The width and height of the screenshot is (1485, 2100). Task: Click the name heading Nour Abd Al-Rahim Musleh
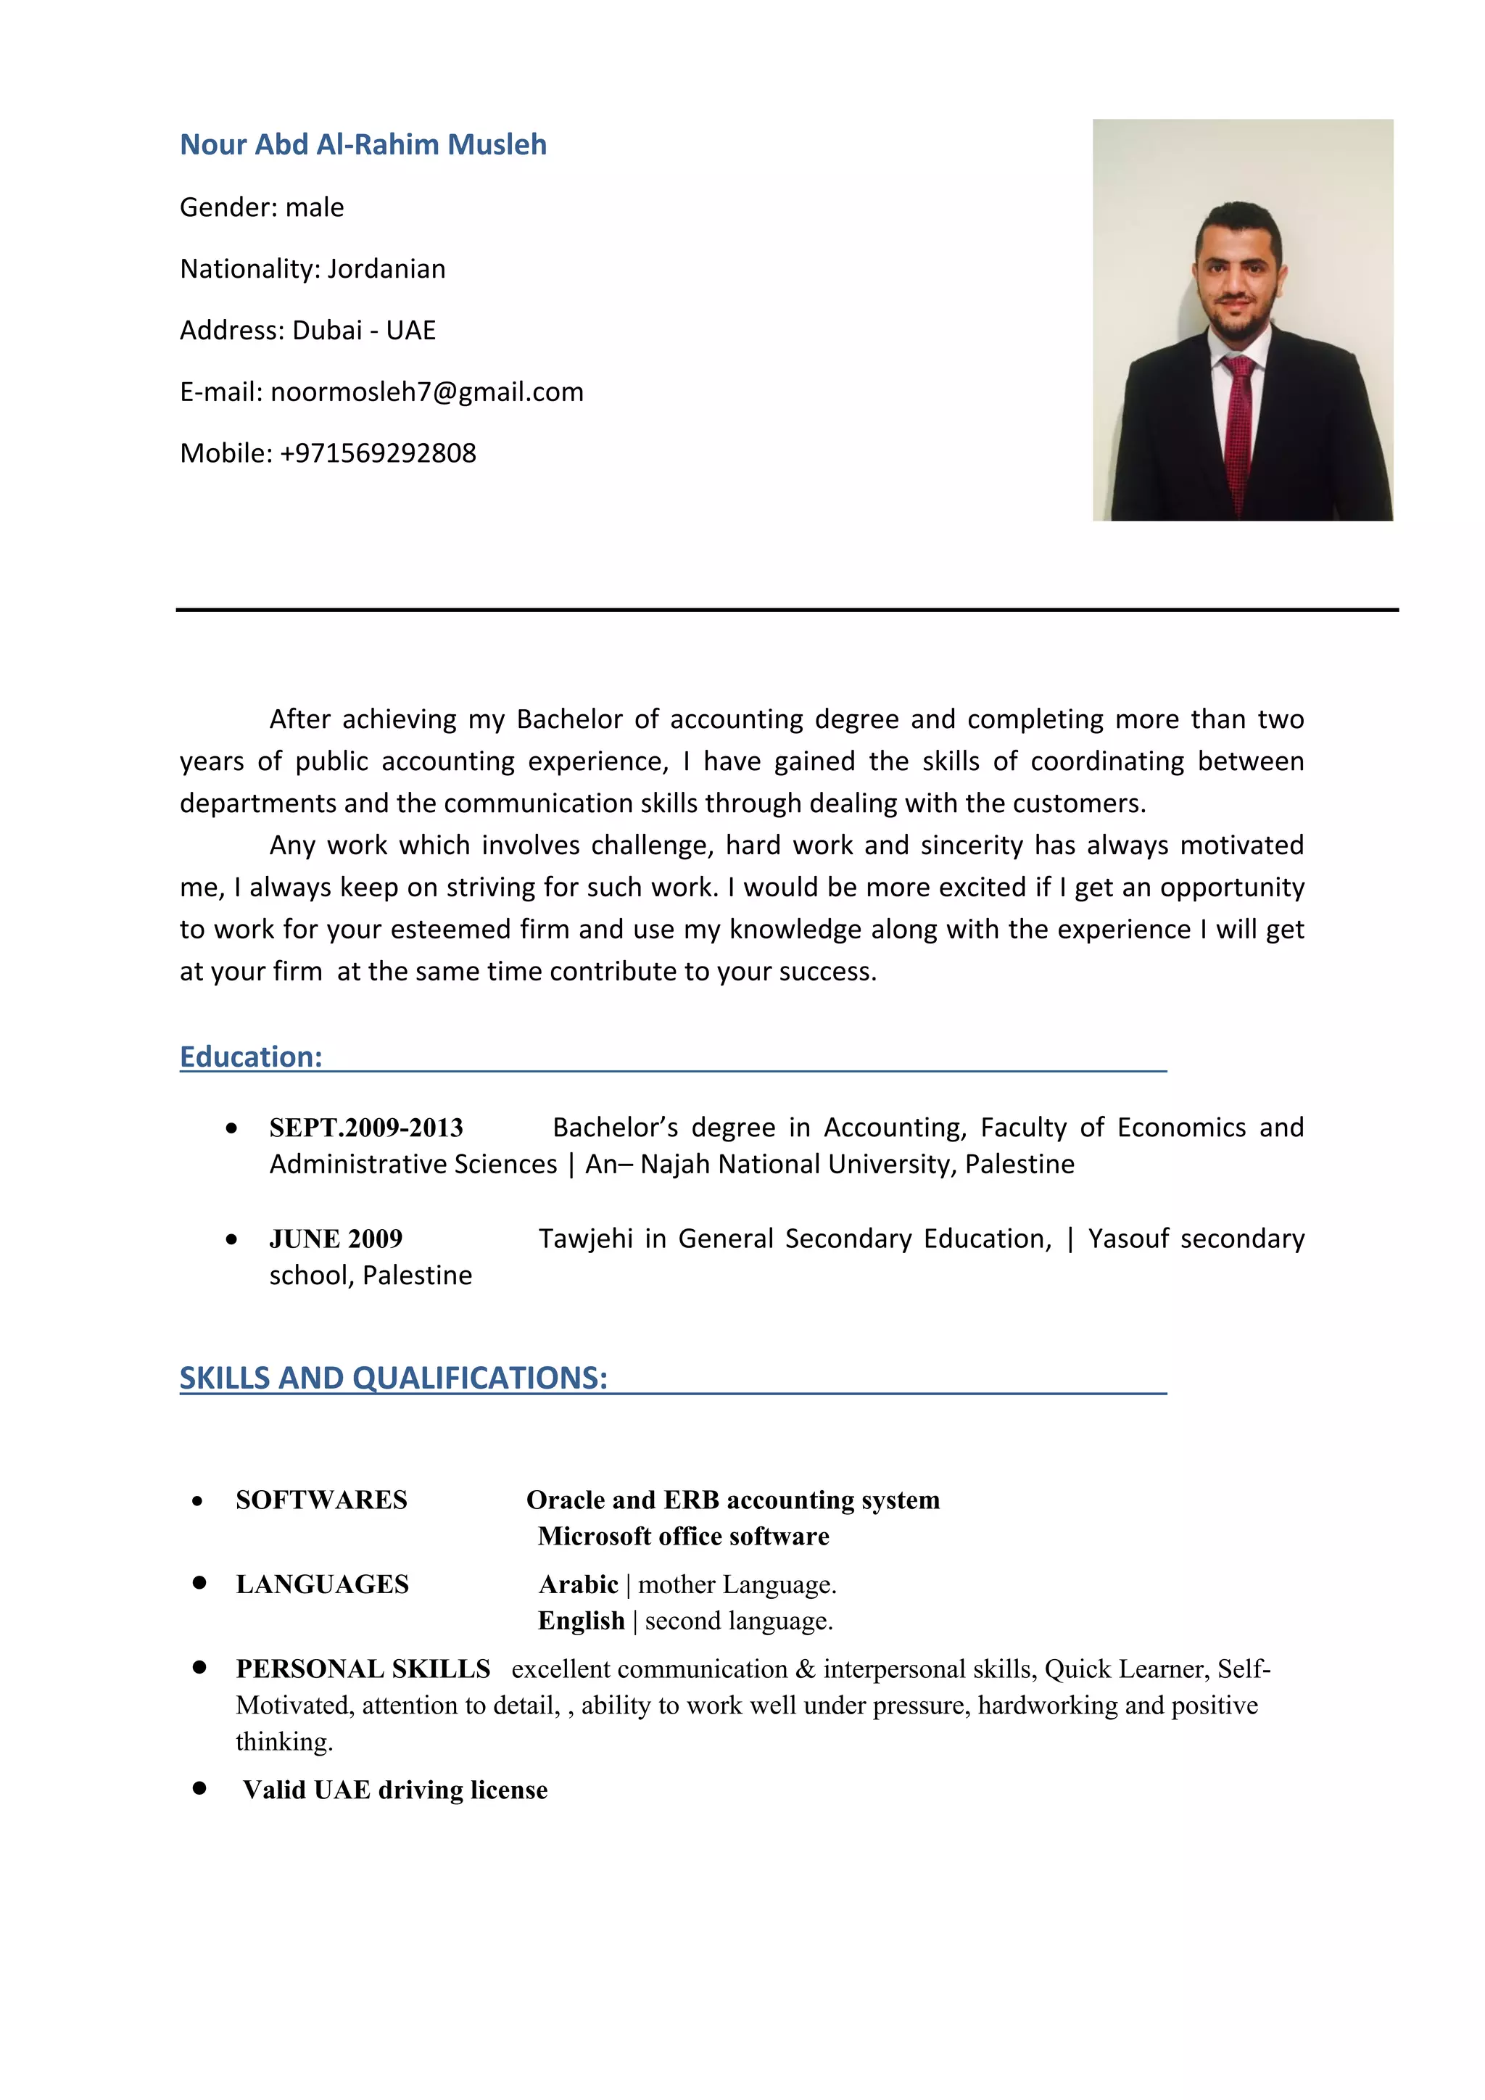click(363, 144)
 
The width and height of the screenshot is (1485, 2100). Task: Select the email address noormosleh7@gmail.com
click(427, 392)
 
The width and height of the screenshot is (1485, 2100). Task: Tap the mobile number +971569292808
click(378, 452)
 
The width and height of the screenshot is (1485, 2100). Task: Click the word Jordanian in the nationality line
click(386, 269)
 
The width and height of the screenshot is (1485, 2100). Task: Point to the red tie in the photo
click(1239, 430)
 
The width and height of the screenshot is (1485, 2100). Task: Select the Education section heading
click(251, 1057)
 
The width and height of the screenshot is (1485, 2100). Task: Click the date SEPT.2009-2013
click(365, 1128)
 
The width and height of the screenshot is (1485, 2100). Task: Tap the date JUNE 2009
click(336, 1239)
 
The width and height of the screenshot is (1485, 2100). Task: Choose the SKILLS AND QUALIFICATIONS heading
click(393, 1378)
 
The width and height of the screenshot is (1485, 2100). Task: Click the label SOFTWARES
click(321, 1500)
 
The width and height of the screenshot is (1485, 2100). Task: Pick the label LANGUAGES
click(322, 1584)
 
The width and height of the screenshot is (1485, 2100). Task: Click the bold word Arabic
click(578, 1584)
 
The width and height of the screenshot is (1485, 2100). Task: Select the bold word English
click(581, 1621)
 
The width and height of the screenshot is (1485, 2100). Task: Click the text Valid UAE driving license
click(395, 1790)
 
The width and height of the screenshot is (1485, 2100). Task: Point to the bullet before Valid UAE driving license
click(199, 1788)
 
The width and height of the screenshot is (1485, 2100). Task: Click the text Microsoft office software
click(683, 1537)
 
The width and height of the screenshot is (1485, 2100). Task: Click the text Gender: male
click(262, 207)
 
